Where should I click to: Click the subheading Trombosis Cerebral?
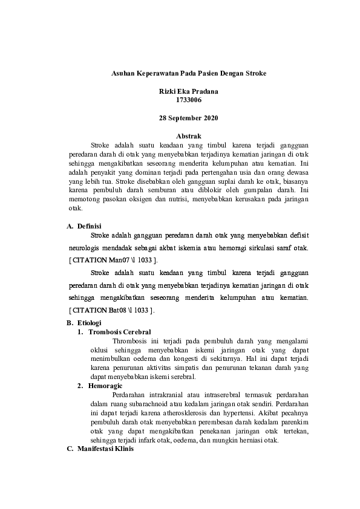point(119,332)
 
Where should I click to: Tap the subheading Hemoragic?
point(106,385)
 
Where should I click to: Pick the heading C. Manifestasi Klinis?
point(100,449)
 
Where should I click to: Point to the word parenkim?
point(296,421)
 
